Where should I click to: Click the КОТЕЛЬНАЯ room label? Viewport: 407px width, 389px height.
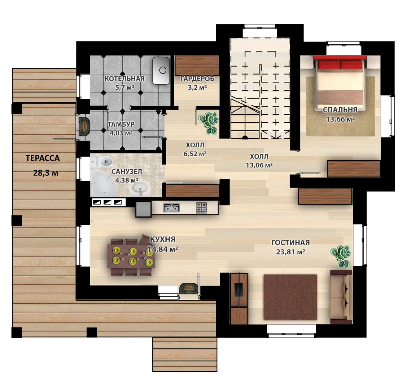pos(124,79)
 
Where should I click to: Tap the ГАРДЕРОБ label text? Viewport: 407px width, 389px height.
pos(197,79)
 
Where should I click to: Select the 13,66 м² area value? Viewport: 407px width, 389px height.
pos(341,119)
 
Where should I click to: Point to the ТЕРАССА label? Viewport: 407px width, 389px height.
pos(43,158)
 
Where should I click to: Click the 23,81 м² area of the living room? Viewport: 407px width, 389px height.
pos(290,252)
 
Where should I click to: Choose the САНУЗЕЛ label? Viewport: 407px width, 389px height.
pos(127,171)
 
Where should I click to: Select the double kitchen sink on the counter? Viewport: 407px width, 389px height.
pos(171,207)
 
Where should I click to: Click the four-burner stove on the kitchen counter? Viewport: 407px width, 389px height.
pos(201,208)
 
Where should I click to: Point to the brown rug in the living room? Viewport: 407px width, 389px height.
pos(290,297)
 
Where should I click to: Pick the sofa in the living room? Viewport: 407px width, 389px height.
pos(341,297)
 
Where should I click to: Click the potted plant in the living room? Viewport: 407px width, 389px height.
pos(341,256)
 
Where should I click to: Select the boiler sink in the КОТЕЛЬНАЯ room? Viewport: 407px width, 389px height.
pos(161,71)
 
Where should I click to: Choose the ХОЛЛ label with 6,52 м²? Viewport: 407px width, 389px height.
pos(195,149)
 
